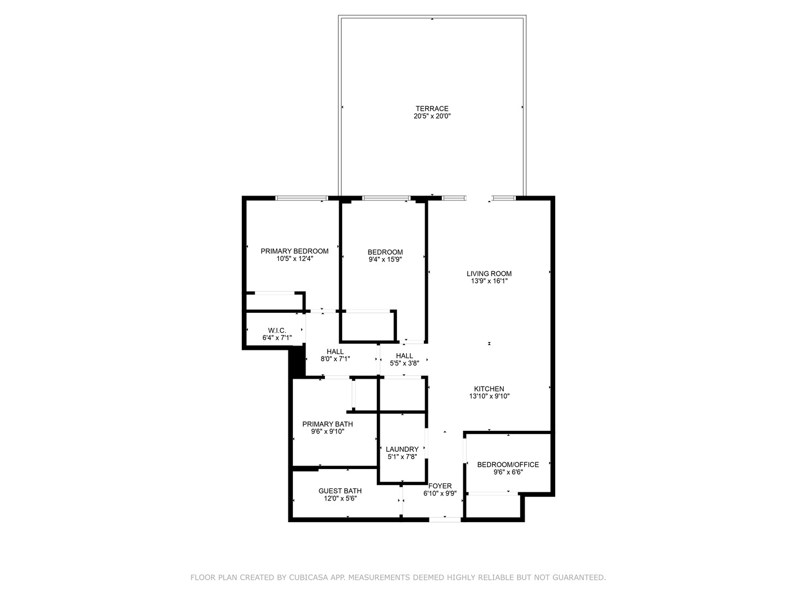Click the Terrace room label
click(x=432, y=109)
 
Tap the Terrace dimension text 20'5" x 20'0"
click(x=432, y=116)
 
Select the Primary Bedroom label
click(x=294, y=251)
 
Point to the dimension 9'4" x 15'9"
click(x=385, y=259)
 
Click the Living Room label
click(x=489, y=274)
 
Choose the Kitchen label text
click(x=489, y=389)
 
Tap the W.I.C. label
click(x=277, y=330)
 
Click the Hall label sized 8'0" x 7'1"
click(x=335, y=352)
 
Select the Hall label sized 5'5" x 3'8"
click(x=404, y=356)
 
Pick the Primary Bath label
click(x=327, y=424)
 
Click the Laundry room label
click(x=402, y=449)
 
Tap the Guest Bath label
click(x=340, y=491)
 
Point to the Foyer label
click(x=440, y=486)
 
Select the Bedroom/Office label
click(x=508, y=465)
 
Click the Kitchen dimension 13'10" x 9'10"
click(x=489, y=396)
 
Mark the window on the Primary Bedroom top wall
click(x=302, y=198)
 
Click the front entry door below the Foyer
click(x=444, y=519)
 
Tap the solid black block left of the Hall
click(x=297, y=363)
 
